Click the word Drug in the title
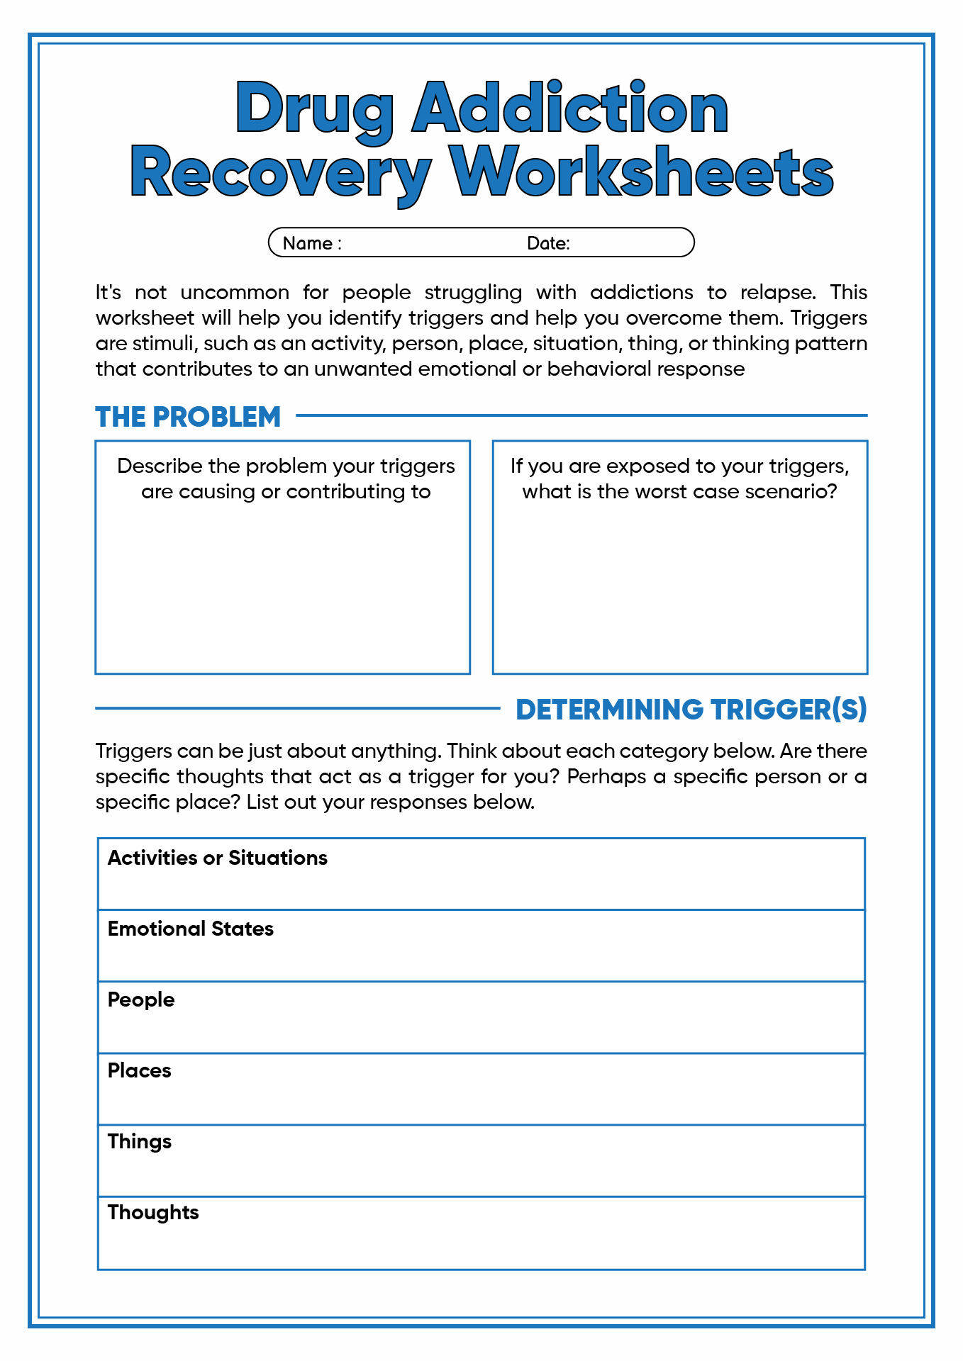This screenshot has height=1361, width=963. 314,110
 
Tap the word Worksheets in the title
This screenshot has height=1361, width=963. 642,172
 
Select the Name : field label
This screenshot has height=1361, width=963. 312,243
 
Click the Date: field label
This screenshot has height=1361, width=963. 548,243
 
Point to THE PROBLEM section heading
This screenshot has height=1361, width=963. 188,417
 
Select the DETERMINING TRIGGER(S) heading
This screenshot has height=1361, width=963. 691,710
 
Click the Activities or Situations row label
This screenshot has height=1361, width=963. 217,858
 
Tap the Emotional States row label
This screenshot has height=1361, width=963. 190,929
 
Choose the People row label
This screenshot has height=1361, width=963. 140,999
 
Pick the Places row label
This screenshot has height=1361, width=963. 139,1070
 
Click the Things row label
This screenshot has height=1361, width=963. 139,1141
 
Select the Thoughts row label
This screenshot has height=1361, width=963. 152,1212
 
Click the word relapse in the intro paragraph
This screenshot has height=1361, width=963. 776,292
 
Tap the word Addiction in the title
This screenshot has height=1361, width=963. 570,108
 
